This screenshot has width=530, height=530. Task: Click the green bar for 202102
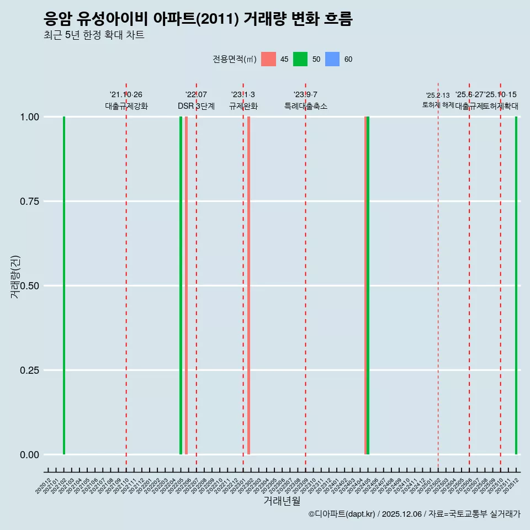[x=64, y=285]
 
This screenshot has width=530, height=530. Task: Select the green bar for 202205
[x=181, y=285]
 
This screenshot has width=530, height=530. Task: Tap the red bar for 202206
[x=186, y=285]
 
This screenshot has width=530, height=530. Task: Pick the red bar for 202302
[x=249, y=285]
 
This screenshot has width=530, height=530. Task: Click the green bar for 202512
[x=516, y=285]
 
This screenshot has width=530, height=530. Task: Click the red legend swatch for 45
[x=268, y=59]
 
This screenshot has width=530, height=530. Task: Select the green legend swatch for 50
[x=300, y=59]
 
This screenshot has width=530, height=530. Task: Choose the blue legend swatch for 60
[x=332, y=59]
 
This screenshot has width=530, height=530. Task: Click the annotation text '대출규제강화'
[x=126, y=106]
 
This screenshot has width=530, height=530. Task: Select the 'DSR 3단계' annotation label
[x=196, y=106]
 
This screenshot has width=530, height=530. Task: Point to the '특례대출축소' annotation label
[x=306, y=106]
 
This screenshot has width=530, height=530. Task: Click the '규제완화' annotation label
[x=243, y=106]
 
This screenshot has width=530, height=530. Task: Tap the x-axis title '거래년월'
[x=282, y=501]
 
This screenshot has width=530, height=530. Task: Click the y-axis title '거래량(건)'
[x=15, y=276]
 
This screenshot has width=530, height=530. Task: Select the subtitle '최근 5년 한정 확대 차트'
[x=94, y=35]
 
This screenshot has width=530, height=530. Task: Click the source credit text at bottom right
[x=414, y=515]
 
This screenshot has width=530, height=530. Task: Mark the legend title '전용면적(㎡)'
[x=235, y=59]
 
